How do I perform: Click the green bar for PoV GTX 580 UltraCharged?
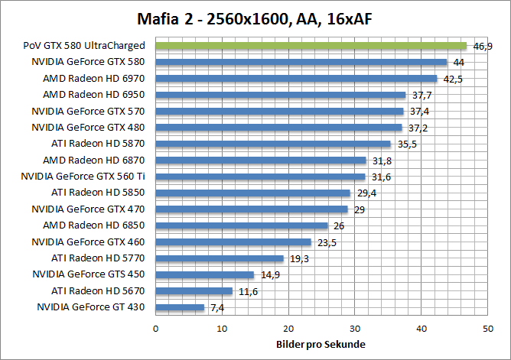click(311, 46)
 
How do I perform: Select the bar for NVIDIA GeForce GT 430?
click(180, 307)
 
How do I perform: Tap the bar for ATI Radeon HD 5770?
click(220, 258)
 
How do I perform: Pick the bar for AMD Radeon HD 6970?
click(296, 78)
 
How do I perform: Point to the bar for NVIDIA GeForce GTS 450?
click(205, 274)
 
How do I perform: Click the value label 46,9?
click(483, 47)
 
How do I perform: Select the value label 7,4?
click(218, 308)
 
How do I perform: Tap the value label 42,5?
click(454, 79)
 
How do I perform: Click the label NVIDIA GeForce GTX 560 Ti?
click(88, 176)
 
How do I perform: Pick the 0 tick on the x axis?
click(155, 328)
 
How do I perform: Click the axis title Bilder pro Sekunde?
click(321, 345)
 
